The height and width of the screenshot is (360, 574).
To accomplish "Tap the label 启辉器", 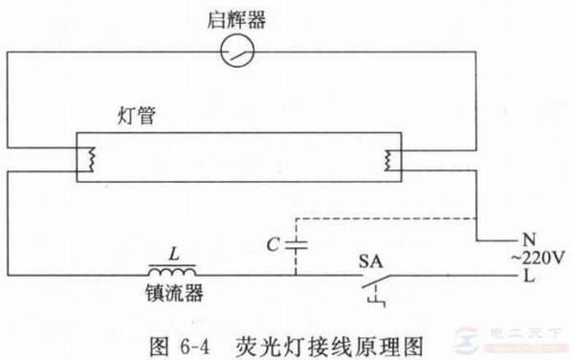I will click(x=234, y=16).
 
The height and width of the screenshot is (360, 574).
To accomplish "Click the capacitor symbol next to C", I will click(x=296, y=244).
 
